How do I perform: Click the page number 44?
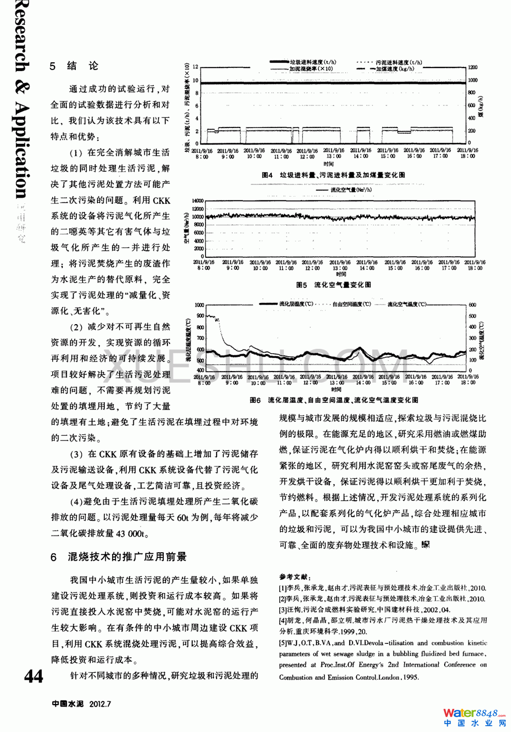tap(34, 676)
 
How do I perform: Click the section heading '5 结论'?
tap(74, 66)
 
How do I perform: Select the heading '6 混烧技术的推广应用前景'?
tap(119, 557)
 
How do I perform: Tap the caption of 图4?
tap(333, 175)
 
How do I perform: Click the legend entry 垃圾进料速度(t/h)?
tap(313, 62)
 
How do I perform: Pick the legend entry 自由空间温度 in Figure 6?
tap(351, 304)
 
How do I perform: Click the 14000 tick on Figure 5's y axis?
tap(198, 201)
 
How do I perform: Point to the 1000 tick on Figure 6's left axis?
tap(199, 305)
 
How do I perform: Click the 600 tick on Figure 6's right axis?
tap(472, 305)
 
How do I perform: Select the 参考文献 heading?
tap(295, 577)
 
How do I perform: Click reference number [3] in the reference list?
tap(283, 610)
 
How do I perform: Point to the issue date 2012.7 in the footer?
tap(100, 704)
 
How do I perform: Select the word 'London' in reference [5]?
tap(389, 677)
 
